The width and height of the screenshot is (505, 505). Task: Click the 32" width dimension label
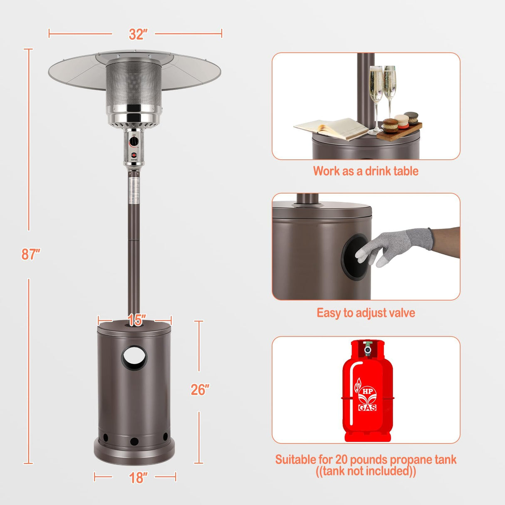(x=136, y=34)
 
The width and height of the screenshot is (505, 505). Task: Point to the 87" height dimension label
(x=31, y=254)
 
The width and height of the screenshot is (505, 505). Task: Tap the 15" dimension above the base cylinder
(x=136, y=321)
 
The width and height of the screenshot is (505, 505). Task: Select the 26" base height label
(x=199, y=390)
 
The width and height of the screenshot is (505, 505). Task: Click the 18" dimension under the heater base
(x=136, y=478)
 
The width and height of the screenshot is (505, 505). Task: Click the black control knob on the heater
(x=134, y=142)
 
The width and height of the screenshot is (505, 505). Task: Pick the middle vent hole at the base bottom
(x=134, y=441)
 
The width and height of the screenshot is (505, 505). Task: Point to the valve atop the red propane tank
(x=367, y=348)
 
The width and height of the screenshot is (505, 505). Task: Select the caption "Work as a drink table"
(x=365, y=171)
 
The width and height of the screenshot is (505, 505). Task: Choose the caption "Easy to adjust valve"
(x=366, y=313)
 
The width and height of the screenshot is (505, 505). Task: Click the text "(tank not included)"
(x=366, y=471)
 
